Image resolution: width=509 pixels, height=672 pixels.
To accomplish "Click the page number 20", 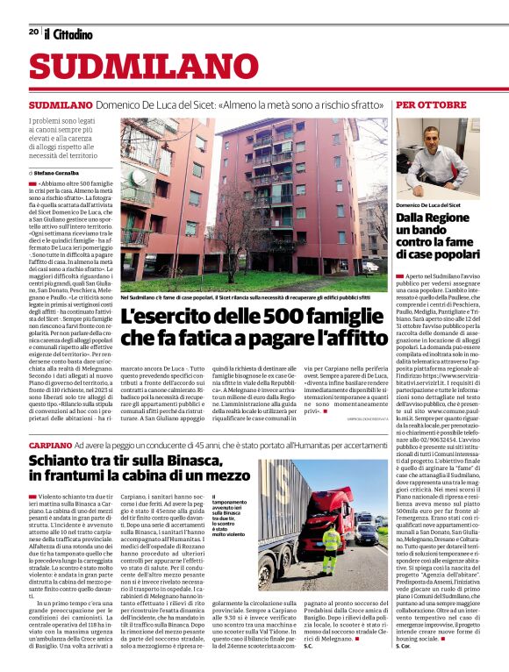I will [32, 32].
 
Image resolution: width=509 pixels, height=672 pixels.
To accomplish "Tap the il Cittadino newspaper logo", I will [68, 33].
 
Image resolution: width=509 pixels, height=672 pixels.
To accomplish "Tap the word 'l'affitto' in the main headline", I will [348, 336].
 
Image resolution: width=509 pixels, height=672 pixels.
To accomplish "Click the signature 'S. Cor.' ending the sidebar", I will [403, 658].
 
